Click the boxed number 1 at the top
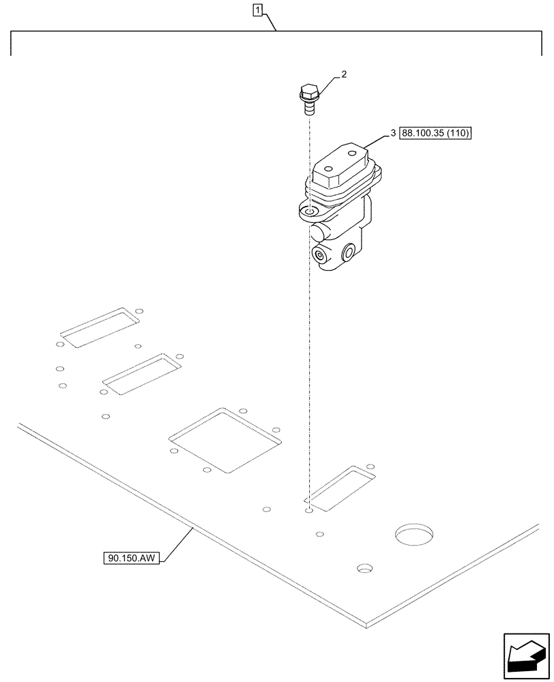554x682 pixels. (257, 10)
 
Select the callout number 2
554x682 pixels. (343, 75)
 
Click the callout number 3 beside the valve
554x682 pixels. (393, 133)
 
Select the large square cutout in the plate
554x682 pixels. (225, 440)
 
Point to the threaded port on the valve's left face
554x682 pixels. (319, 255)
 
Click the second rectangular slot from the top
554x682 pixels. (141, 374)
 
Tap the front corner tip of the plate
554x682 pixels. (367, 624)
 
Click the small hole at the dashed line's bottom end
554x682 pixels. (308, 509)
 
